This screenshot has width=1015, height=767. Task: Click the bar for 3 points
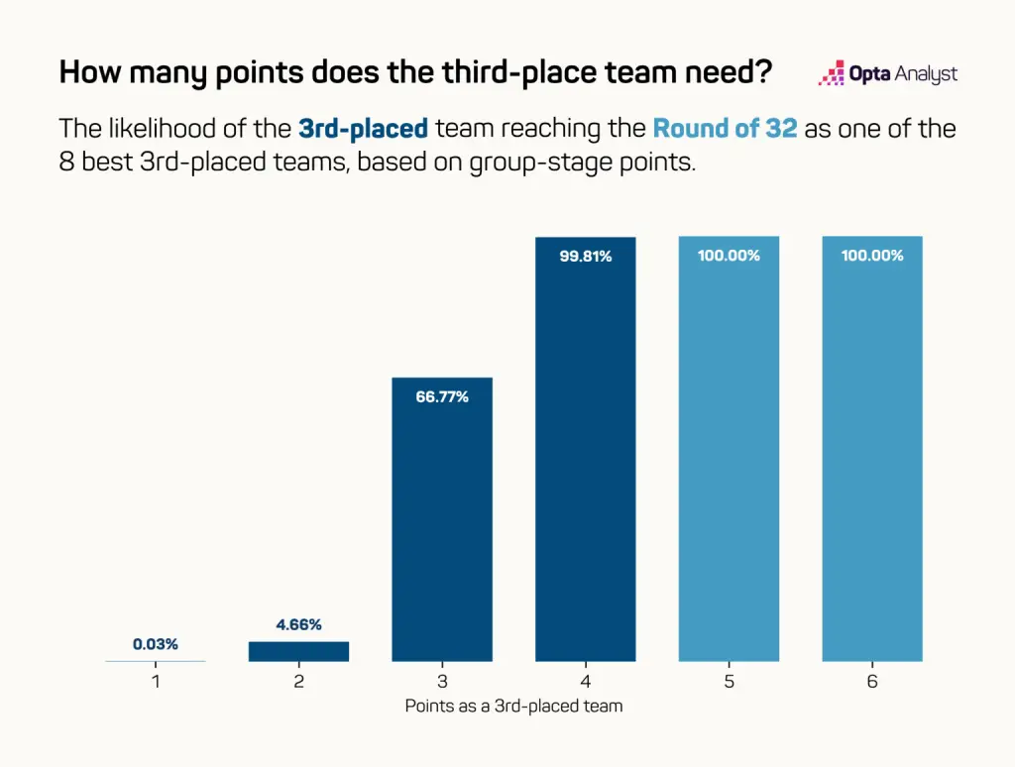coord(442,519)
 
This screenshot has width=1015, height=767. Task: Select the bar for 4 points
coord(585,449)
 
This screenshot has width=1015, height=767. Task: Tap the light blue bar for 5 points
coord(729,449)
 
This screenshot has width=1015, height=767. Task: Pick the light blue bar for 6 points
coord(872,449)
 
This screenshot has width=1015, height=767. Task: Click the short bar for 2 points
coord(298,651)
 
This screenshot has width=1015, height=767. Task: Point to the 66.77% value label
coord(442,396)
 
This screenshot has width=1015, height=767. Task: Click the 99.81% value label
coord(585,257)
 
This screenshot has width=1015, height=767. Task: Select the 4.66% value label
coord(298,624)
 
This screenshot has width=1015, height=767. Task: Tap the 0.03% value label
coord(156,644)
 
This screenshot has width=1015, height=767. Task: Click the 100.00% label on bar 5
coord(729,256)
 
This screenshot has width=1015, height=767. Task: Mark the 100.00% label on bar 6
coord(872,256)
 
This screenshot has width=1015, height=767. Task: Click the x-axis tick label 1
coord(156,682)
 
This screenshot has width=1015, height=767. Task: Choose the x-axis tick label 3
coord(442,682)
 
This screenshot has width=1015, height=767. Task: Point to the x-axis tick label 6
coord(872,682)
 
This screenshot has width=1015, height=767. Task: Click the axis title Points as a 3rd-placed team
coord(514,707)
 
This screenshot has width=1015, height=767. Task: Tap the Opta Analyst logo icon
coord(832,73)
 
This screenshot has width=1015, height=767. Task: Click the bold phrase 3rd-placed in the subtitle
coord(363,128)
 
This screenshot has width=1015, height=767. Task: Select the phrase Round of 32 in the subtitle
coord(725,128)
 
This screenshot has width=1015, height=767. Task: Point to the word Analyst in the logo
coord(927,74)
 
